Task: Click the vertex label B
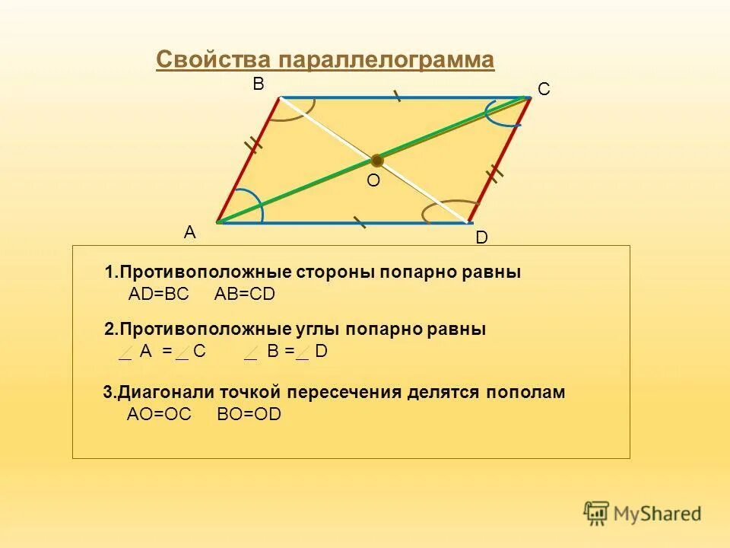pos(259,85)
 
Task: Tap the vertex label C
pos(543,90)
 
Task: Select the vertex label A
pos(189,234)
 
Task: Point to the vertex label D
pos(481,238)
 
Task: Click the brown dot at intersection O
pos(376,160)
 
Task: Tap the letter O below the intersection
pos(373,182)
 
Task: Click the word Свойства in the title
pos(213,60)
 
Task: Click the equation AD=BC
pos(158,295)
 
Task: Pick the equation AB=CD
pos(245,295)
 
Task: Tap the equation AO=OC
pos(159,415)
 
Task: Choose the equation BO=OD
pos(249,415)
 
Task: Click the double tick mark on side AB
pos(254,143)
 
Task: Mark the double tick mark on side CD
pos(495,174)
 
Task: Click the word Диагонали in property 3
pos(167,393)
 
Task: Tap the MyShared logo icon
pos(597,514)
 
